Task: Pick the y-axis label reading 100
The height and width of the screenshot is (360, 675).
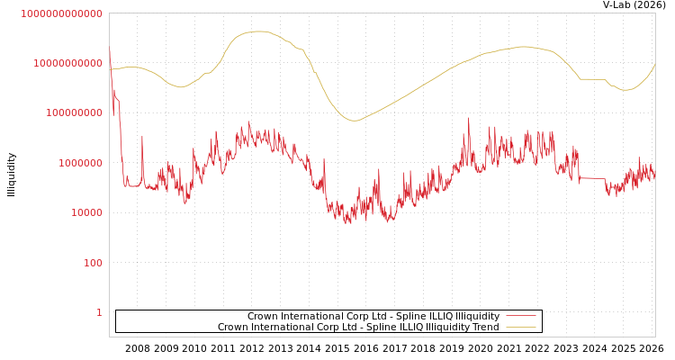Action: tap(94, 263)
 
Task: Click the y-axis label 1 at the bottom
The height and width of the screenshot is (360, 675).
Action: tap(99, 312)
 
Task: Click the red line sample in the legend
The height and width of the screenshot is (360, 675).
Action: tap(521, 317)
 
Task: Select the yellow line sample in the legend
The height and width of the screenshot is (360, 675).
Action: tap(521, 328)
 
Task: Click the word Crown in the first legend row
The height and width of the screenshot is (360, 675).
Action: tap(263, 317)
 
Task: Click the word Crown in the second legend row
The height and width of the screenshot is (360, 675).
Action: tap(233, 328)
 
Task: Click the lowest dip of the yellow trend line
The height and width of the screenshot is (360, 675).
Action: tap(353, 121)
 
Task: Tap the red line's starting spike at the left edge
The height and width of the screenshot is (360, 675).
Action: tap(110, 50)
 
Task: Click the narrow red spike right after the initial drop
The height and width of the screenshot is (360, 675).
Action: tap(142, 137)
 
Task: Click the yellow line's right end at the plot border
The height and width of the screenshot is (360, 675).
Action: tap(654, 65)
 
